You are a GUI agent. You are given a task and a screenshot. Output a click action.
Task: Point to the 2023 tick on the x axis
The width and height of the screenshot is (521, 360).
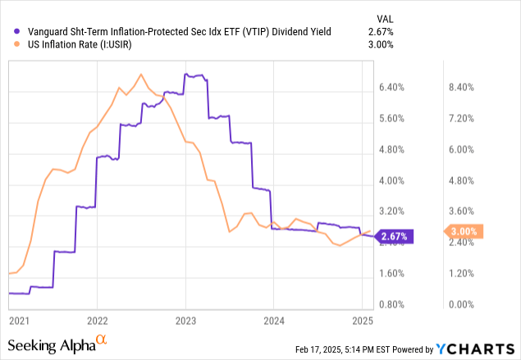point(185,319)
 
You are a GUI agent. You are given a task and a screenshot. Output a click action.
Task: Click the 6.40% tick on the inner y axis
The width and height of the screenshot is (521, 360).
point(396,87)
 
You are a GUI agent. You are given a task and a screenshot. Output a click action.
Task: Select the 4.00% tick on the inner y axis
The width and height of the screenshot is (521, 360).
point(396,180)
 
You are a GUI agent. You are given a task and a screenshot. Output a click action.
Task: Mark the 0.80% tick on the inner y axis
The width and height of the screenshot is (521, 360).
point(396,304)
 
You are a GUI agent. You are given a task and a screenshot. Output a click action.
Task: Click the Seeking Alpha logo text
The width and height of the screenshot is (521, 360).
point(49,343)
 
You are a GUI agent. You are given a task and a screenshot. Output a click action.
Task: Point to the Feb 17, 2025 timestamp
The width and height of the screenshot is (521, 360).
point(323,351)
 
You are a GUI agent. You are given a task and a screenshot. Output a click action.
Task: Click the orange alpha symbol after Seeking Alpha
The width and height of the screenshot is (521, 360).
point(101,339)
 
